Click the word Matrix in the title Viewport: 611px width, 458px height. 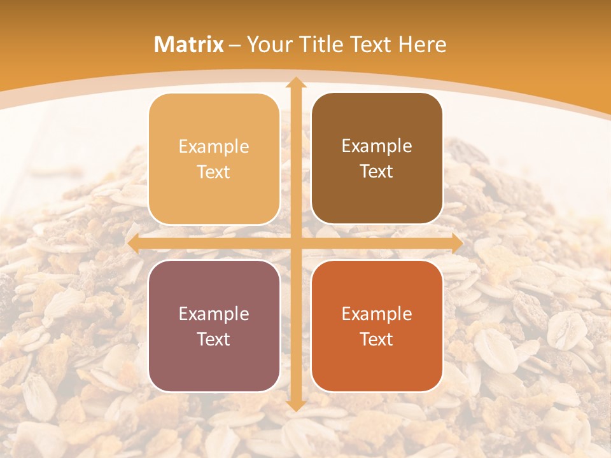[189, 45]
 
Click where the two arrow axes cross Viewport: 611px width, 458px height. [295, 243]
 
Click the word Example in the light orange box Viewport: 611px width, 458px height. [214, 147]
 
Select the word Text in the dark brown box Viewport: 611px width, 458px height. [377, 172]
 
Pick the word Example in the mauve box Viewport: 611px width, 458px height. [214, 314]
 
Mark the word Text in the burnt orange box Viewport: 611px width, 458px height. [377, 339]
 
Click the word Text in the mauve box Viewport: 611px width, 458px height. [214, 339]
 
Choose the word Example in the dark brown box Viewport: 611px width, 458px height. [377, 146]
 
